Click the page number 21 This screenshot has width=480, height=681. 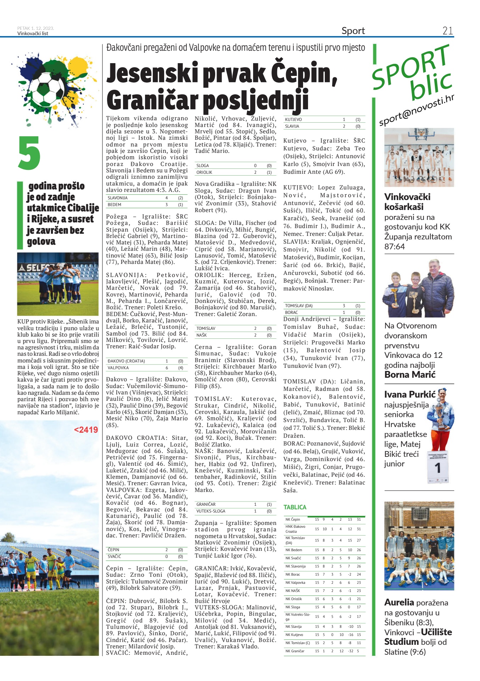coord(447,31)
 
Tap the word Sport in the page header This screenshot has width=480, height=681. coord(353,31)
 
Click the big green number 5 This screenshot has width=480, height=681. coord(29,153)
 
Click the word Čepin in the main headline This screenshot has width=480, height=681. coord(303,73)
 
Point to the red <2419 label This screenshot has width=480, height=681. coord(86,430)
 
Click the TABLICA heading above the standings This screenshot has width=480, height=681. coord(295,507)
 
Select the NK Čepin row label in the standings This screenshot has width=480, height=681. coord(293,519)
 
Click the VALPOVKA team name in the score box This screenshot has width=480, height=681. coord(118,368)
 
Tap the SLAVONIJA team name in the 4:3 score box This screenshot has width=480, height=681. coord(117,198)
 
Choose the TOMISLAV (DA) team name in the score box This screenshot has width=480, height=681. coord(298,306)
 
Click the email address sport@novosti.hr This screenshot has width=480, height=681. coord(416,111)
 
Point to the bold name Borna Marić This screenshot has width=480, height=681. coord(410,375)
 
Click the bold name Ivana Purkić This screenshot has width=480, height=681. coord(410,394)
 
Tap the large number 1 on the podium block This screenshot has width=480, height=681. coord(438,468)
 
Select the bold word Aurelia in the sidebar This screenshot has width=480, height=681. coord(399,602)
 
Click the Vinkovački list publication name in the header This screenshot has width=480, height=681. coord(33,34)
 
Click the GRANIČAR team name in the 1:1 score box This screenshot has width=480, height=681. coord(206,504)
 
